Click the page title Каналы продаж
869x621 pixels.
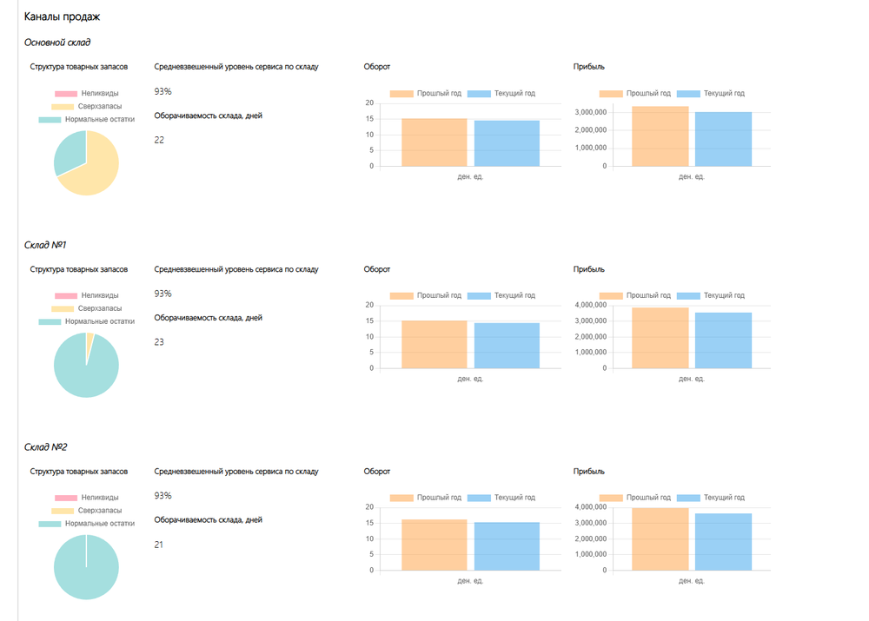[62, 17]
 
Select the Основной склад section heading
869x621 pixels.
[57, 42]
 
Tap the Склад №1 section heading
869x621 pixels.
[46, 245]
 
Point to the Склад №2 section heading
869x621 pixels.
[46, 447]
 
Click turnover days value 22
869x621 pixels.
[159, 140]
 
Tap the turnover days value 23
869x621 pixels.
[159, 342]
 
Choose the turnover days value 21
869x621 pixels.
[159, 545]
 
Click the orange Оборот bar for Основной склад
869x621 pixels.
[434, 142]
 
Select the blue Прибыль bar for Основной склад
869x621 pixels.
[723, 139]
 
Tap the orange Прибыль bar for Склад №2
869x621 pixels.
[660, 539]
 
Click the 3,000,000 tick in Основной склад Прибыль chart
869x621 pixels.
[590, 113]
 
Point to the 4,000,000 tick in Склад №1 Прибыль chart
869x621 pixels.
[590, 305]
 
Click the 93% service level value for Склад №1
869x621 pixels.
[163, 294]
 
